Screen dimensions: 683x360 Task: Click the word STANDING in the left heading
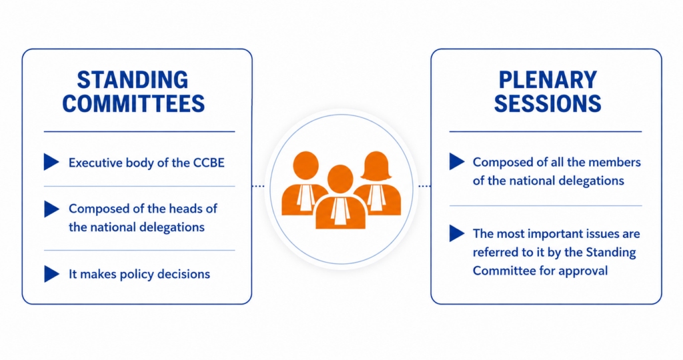[133, 80]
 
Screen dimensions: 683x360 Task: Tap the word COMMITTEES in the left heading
[133, 103]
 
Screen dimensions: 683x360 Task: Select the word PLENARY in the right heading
[548, 80]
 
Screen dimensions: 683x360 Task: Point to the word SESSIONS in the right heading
[548, 103]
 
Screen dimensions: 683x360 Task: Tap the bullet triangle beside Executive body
[51, 162]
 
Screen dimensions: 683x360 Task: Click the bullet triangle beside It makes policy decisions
[51, 274]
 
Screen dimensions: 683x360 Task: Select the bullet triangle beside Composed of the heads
[51, 209]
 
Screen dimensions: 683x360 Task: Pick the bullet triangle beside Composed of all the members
[457, 161]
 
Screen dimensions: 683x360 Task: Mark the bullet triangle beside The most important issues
[457, 233]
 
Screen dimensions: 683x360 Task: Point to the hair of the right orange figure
[376, 166]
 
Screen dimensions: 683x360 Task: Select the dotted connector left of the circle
[258, 186]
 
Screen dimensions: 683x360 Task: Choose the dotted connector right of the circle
[424, 186]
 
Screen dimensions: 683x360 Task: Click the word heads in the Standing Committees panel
[187, 209]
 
